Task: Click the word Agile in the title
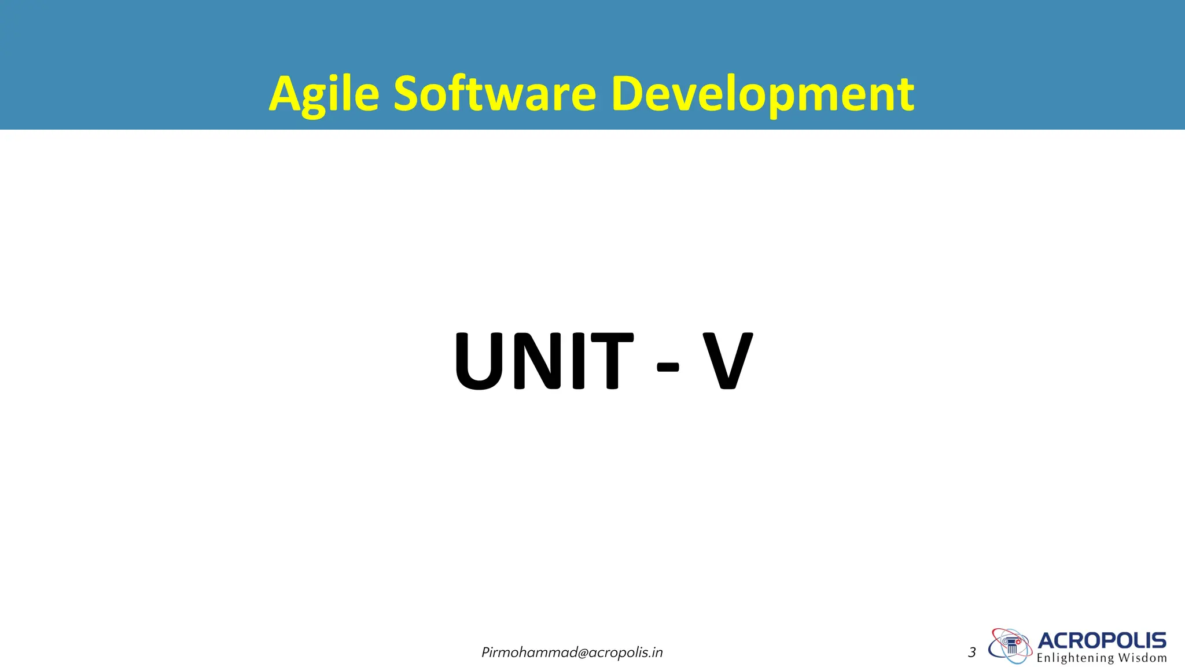tap(324, 94)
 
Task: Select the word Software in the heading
tap(495, 94)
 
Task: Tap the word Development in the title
tap(762, 94)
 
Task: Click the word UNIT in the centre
tap(543, 361)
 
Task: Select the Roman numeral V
tap(727, 361)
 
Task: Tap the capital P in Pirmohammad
tap(485, 653)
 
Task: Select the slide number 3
tap(971, 653)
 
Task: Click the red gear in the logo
tap(1018, 642)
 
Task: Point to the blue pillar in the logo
tap(1011, 648)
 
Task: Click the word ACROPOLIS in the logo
tap(1102, 640)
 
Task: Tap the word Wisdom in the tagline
tap(1142, 658)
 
